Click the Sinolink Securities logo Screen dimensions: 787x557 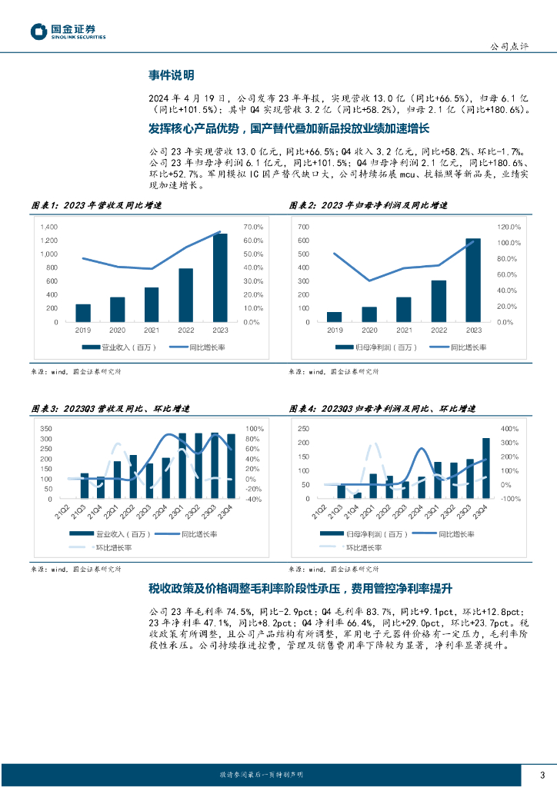[68, 32]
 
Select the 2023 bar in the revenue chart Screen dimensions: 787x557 [220, 278]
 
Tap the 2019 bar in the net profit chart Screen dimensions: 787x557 [334, 317]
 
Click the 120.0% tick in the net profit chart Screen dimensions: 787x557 [510, 227]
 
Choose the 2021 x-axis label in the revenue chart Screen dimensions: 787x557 [152, 330]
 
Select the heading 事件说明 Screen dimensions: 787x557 [171, 75]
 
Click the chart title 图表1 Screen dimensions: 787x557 [96, 206]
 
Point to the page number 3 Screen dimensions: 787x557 [542, 774]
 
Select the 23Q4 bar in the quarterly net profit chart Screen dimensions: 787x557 [486, 468]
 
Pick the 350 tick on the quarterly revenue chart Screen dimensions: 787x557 [46, 429]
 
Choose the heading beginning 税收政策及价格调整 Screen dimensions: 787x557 [300, 588]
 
